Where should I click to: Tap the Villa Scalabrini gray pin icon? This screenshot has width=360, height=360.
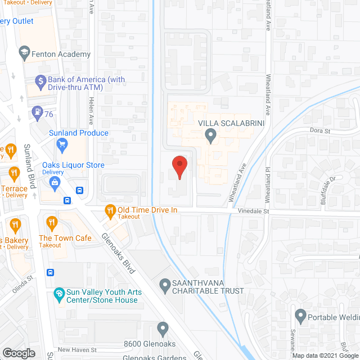[x=211, y=136]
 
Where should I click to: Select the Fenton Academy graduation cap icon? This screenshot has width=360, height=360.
[x=24, y=54]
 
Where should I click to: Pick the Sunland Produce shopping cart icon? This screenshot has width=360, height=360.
[x=62, y=144]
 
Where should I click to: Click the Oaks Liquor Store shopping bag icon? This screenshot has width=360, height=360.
[x=55, y=182]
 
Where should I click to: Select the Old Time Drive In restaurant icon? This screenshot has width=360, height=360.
[x=110, y=211]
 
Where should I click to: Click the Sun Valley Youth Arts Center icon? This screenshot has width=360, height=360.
[x=58, y=294]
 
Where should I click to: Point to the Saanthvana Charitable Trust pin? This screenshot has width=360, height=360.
[x=165, y=286]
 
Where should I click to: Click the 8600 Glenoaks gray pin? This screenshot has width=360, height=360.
[x=163, y=328]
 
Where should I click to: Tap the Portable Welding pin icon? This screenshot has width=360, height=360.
[x=300, y=316]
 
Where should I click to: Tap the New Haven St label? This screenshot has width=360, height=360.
[x=74, y=350]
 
